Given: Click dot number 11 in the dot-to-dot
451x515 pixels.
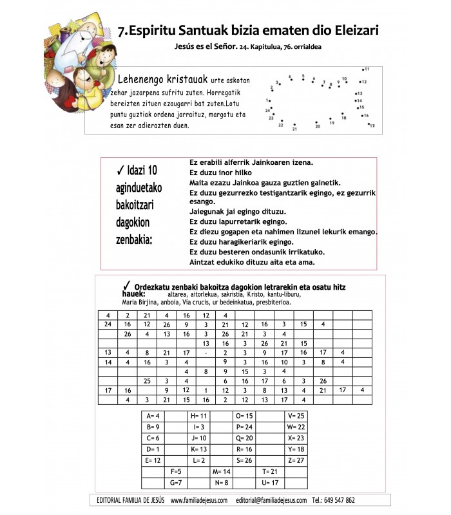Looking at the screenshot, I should click(363, 70).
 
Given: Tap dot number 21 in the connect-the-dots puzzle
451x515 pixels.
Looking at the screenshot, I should click(294, 125).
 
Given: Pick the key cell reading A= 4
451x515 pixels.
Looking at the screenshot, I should click(153, 416).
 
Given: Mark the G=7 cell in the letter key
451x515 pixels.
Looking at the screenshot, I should click(175, 482).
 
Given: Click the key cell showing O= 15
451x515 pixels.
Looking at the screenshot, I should click(244, 416).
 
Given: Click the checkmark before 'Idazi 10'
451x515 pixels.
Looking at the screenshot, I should click(120, 170).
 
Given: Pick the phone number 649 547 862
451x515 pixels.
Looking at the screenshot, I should click(340, 500).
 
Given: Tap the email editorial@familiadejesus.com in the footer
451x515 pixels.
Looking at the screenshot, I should click(270, 500).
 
